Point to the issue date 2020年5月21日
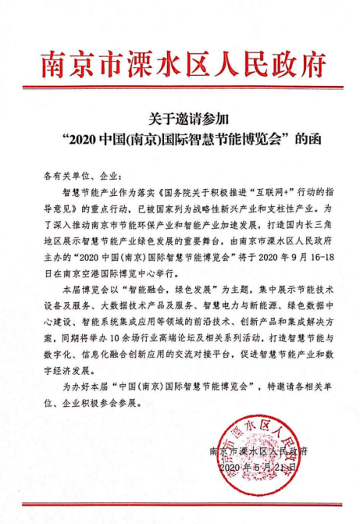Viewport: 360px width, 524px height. click(259, 468)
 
